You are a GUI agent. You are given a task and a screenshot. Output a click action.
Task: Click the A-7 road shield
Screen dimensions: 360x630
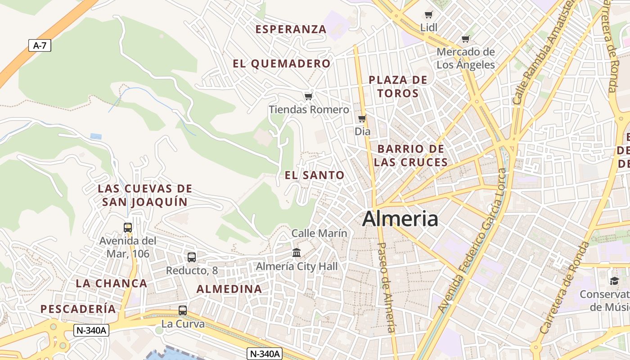pyautogui.click(x=40, y=45)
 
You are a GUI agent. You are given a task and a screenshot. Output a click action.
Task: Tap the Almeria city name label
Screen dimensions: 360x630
pyautogui.click(x=400, y=219)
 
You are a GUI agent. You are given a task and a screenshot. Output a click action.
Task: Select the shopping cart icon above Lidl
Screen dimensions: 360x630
pyautogui.click(x=429, y=15)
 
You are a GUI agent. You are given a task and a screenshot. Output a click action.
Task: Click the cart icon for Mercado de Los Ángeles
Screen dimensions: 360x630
pyautogui.click(x=466, y=39)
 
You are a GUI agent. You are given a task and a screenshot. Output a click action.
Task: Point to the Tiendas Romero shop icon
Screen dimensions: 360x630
pyautogui.click(x=308, y=97)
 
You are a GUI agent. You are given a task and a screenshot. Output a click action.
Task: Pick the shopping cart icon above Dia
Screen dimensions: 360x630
pyautogui.click(x=362, y=119)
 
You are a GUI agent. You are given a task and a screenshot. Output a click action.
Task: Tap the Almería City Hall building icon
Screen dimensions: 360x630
pyautogui.click(x=297, y=253)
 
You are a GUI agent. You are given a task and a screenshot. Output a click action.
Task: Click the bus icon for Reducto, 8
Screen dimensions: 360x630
pyautogui.click(x=192, y=257)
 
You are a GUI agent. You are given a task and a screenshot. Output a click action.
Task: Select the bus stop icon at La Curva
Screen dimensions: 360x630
pyautogui.click(x=183, y=310)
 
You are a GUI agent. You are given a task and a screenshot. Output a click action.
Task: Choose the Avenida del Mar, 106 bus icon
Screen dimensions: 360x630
pyautogui.click(x=128, y=228)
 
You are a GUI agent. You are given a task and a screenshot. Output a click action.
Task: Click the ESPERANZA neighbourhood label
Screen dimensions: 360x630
pyautogui.click(x=291, y=30)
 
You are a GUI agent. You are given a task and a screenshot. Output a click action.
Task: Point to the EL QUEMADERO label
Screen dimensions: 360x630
pyautogui.click(x=282, y=64)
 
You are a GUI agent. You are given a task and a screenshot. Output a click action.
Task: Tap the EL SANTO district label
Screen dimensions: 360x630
pyautogui.click(x=315, y=175)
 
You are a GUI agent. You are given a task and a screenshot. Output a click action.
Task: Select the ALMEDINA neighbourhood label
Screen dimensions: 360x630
pyautogui.click(x=229, y=289)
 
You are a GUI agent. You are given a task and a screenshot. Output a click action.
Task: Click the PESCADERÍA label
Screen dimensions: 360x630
pyautogui.click(x=78, y=309)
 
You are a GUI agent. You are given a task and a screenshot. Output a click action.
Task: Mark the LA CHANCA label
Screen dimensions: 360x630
pyautogui.click(x=112, y=283)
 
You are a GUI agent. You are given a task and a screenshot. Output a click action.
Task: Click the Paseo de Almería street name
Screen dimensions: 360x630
pyautogui.click(x=387, y=288)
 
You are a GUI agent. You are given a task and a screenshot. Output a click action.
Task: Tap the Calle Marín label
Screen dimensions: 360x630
pyautogui.click(x=319, y=233)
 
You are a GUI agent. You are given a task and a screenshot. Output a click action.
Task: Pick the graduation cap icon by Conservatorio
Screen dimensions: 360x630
pyautogui.click(x=614, y=281)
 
